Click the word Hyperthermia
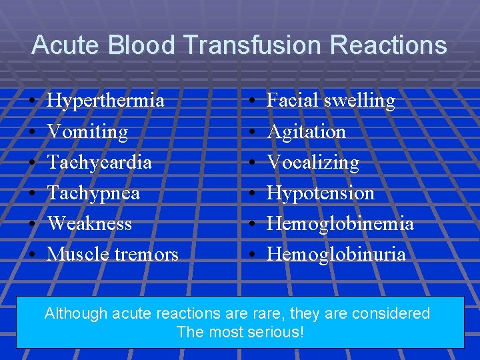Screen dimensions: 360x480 pyautogui.click(x=106, y=101)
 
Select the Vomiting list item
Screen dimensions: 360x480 pyautogui.click(x=87, y=132)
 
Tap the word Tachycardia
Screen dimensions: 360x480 pyautogui.click(x=99, y=162)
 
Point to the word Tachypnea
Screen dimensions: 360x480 pyautogui.click(x=93, y=193)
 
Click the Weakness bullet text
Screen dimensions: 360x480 pyautogui.click(x=89, y=223)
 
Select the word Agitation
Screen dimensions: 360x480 pyautogui.click(x=306, y=132)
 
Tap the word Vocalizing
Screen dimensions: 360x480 pyautogui.click(x=313, y=162)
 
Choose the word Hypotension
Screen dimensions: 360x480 pyautogui.click(x=320, y=193)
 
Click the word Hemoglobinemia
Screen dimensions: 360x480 pyautogui.click(x=340, y=223)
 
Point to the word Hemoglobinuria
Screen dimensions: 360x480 pyautogui.click(x=336, y=254)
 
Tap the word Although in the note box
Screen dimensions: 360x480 pyautogui.click(x=72, y=313)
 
